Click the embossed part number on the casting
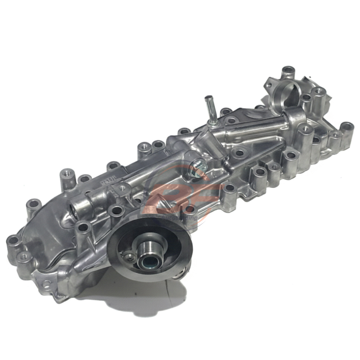point(108,180)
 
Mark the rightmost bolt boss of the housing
point(347,127)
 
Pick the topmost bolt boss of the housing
point(288,70)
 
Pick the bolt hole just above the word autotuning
point(190,209)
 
